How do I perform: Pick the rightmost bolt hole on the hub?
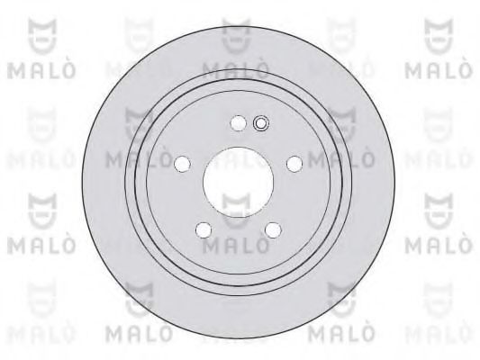pyautogui.click(x=294, y=163)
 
